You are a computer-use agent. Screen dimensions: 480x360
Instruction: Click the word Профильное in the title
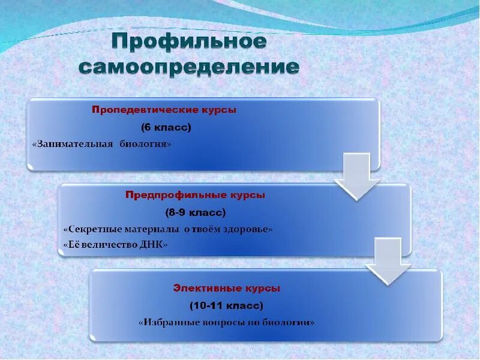189,42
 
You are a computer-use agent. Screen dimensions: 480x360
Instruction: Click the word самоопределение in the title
189,67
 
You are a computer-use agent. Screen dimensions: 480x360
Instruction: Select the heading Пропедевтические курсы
164,110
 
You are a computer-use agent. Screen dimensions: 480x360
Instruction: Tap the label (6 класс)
166,127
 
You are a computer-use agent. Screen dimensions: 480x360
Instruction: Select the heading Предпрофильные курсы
195,195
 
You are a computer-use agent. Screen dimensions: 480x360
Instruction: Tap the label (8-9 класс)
195,212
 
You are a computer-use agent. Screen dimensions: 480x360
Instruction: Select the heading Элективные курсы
227,289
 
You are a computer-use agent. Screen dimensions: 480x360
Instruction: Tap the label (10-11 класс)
227,306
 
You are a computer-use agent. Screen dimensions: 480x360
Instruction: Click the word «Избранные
167,322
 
